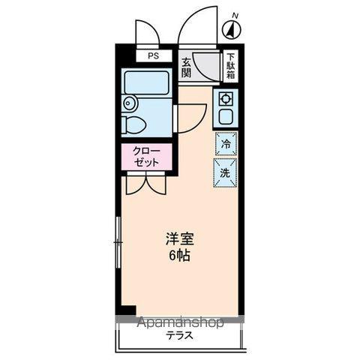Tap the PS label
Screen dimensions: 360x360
153,56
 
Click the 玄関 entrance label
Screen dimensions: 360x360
186,67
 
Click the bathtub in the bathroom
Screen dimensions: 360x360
147,82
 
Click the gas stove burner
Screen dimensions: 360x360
225,97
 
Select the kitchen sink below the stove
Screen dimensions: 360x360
225,116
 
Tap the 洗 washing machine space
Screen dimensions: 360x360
225,171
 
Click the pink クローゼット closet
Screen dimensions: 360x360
148,156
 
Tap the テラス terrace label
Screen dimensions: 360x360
180,336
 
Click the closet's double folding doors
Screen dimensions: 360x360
146,184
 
